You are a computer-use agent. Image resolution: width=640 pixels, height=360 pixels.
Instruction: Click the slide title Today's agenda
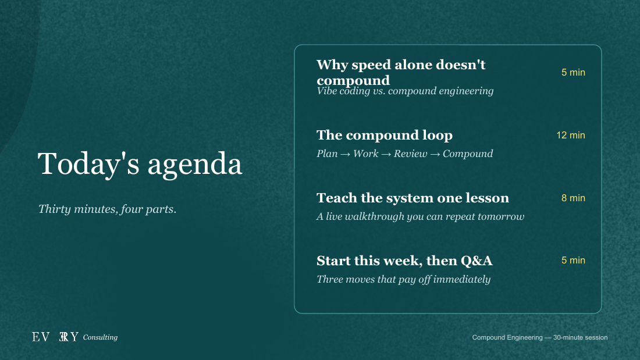coord(140,164)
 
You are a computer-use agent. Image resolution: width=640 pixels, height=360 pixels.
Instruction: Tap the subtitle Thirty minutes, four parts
coord(108,209)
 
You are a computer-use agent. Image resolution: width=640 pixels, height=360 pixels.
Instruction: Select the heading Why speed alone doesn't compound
coord(401,72)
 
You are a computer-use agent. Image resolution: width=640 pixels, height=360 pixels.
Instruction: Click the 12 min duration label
coord(571,135)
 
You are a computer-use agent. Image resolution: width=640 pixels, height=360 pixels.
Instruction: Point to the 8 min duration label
coord(573,198)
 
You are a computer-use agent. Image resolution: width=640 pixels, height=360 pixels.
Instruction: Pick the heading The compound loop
coord(385,135)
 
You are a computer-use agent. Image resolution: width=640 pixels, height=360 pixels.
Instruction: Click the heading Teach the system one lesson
coord(413,198)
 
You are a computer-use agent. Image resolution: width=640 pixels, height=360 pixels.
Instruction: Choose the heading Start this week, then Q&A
coord(404,261)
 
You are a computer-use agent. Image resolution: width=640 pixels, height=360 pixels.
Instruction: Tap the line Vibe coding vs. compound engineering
coord(405,91)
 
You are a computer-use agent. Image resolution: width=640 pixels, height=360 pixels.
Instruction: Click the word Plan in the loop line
coord(327,154)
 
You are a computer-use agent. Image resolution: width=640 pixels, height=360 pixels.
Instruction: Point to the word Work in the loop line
coord(365,154)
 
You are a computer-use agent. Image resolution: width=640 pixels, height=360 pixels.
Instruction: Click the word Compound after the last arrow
coord(468,154)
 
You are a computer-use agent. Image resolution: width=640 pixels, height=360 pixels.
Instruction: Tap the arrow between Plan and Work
coord(345,154)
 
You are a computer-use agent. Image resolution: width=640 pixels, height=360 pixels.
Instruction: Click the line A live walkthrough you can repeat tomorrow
coord(421,216)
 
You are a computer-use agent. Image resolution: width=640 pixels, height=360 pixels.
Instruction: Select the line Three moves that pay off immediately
coord(403,279)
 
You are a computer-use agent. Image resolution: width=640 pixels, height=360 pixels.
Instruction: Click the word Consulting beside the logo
coord(100,337)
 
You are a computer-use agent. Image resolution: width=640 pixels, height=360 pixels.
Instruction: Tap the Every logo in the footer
coord(55,337)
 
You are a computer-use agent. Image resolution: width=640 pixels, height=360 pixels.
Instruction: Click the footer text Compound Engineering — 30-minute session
coord(539,337)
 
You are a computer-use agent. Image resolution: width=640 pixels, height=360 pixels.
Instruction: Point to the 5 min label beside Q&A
coord(573,261)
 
